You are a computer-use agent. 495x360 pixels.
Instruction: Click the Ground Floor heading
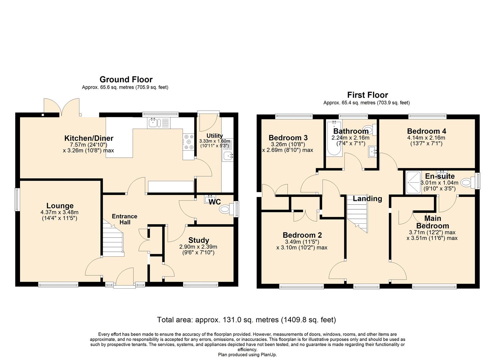tap(126, 79)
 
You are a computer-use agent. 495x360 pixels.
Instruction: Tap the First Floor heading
tap(367, 95)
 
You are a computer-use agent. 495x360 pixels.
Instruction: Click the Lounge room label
tap(60, 206)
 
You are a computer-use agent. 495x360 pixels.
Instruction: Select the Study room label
tap(199, 240)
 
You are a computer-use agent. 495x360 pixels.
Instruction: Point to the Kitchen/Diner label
tap(89, 138)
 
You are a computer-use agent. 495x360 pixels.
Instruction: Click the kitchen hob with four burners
tap(189, 142)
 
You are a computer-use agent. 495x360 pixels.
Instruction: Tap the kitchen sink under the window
tap(154, 123)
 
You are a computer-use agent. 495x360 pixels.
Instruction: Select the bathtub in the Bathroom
tap(334, 144)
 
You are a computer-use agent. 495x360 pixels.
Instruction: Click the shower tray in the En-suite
tap(412, 183)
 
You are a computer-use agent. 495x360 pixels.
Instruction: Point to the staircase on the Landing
tap(357, 214)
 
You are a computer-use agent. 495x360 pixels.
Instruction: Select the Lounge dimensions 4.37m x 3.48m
tap(60, 212)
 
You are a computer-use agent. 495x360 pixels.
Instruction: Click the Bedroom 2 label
tap(302, 235)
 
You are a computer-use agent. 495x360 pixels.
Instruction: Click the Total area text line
tap(246, 320)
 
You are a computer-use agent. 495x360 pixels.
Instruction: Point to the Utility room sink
tap(229, 155)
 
